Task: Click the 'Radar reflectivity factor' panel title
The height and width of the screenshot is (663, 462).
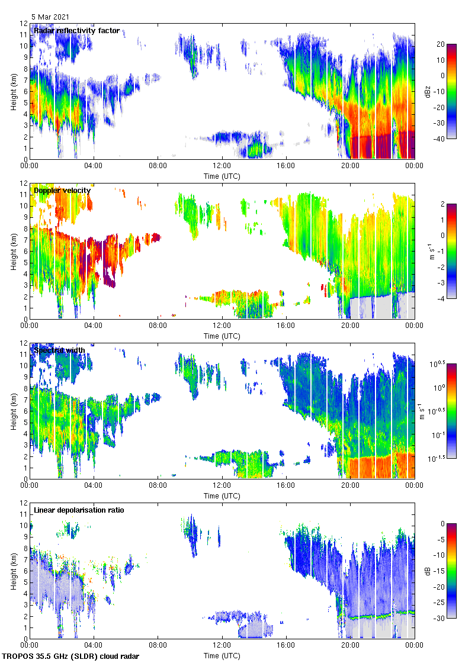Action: (76, 31)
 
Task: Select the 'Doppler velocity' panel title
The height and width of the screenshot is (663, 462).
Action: (62, 191)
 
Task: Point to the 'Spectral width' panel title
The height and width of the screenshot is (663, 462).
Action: (59, 350)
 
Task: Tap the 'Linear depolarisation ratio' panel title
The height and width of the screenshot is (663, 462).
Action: (79, 510)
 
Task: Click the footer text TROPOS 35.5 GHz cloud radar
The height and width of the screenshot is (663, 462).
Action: (71, 656)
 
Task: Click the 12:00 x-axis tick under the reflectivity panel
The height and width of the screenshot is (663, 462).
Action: (222, 166)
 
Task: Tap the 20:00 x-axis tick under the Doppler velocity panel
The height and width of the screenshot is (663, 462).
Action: (350, 326)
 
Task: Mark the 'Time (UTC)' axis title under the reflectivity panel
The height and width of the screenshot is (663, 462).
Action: (222, 176)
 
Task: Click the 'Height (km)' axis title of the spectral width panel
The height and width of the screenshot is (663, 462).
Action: (13, 411)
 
